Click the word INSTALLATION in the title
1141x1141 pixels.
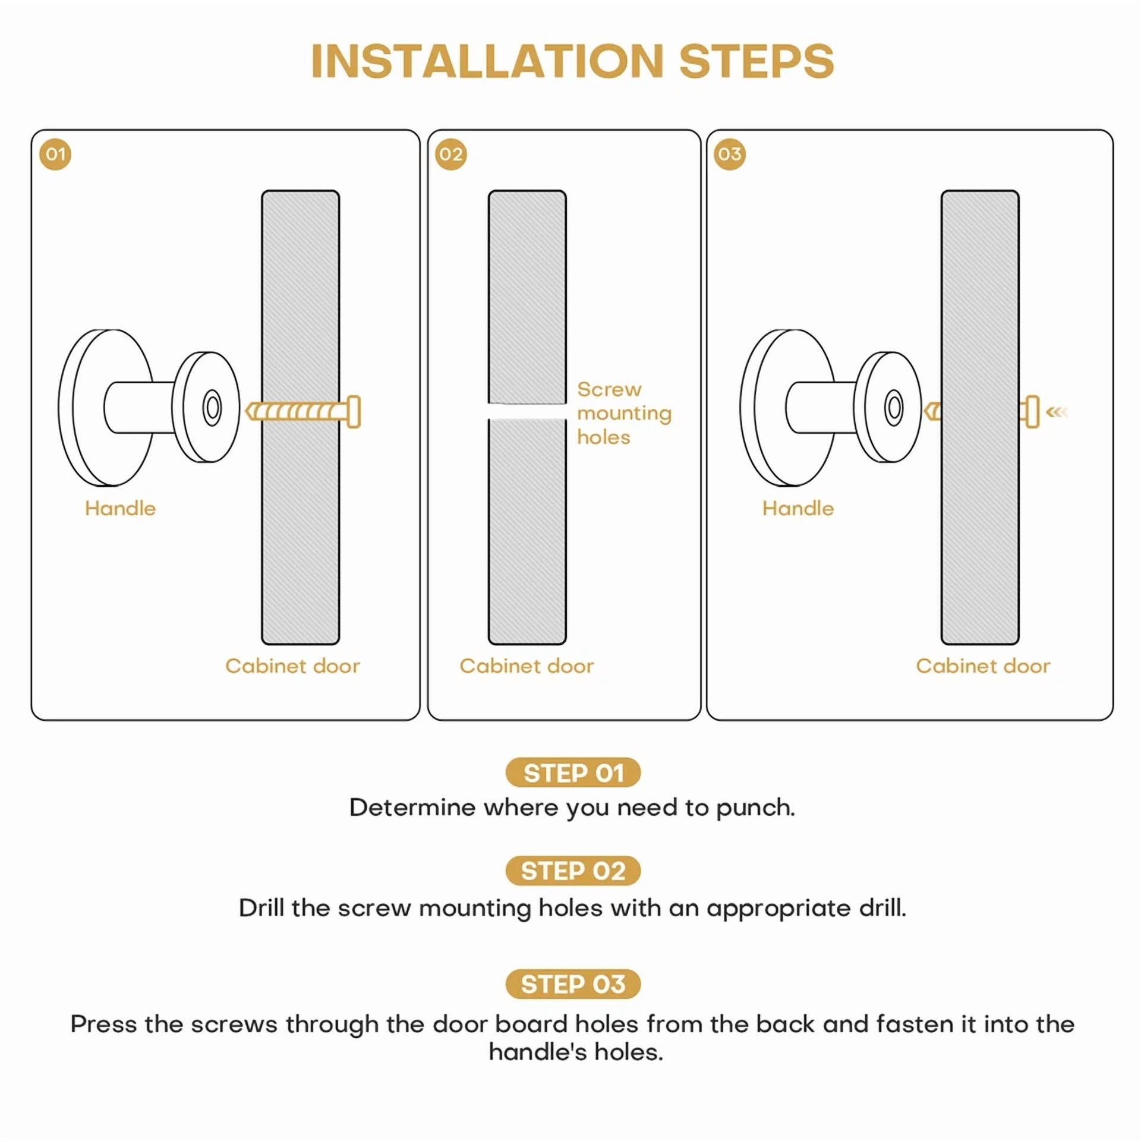(x=487, y=61)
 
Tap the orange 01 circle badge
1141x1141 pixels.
(x=55, y=155)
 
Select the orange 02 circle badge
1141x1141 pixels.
(x=451, y=155)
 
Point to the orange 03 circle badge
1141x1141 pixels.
(x=729, y=155)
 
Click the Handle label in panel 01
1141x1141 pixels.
(x=120, y=508)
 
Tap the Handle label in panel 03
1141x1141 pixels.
(x=798, y=508)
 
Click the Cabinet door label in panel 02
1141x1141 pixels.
(x=527, y=666)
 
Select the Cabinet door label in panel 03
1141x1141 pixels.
(x=983, y=666)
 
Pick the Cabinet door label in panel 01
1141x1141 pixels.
(x=292, y=666)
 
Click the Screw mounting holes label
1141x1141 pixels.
(x=624, y=413)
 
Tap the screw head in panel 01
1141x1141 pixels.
(x=354, y=411)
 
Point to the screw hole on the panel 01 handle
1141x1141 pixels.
(x=212, y=408)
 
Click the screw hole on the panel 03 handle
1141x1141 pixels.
(x=894, y=408)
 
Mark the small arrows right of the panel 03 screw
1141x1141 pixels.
(x=1057, y=411)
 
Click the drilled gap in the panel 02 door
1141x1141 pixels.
(x=527, y=411)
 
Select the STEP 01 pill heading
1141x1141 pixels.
(x=573, y=773)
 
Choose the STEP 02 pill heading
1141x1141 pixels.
(x=573, y=871)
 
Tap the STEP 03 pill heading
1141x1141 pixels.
(x=573, y=984)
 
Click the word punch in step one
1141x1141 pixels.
(x=755, y=808)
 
